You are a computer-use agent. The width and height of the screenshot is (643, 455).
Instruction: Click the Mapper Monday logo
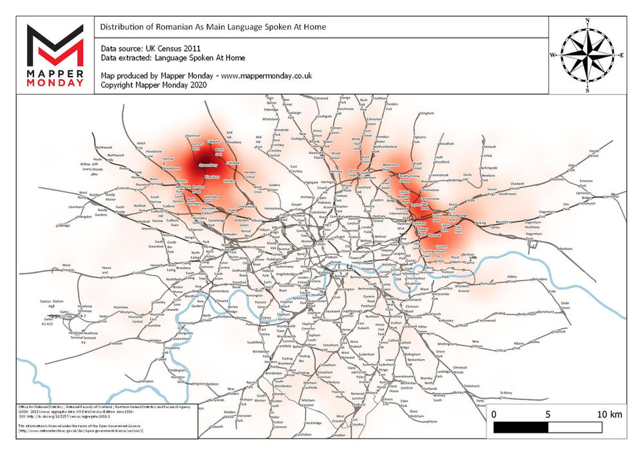[x=54, y=55]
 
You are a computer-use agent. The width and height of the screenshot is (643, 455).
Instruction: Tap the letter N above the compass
[x=587, y=21]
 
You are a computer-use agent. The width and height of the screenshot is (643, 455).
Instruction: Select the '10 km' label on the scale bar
[x=609, y=414]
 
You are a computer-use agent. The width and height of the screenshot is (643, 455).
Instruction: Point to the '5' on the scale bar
[x=548, y=414]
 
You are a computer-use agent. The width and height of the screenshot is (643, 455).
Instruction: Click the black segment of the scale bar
[x=521, y=427]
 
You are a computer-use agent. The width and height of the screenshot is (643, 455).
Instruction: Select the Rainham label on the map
[x=565, y=248]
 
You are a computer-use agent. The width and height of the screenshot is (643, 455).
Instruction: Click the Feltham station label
[x=116, y=344]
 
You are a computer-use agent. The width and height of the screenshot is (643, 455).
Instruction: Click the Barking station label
[x=481, y=223]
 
